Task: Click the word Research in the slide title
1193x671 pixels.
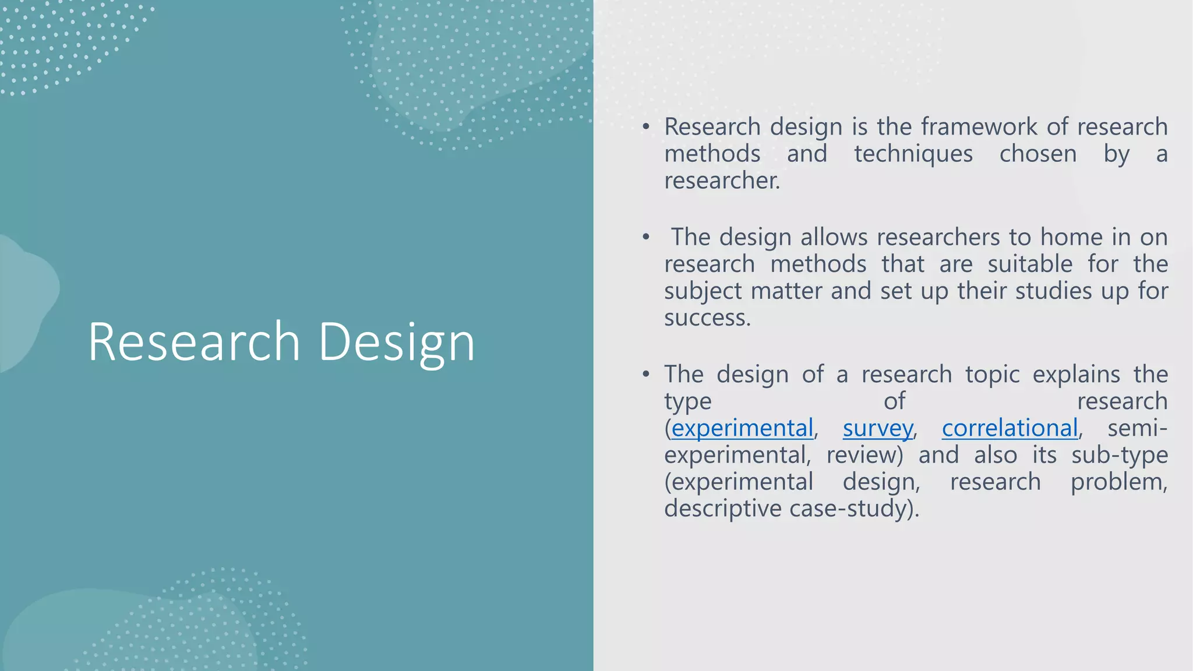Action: pyautogui.click(x=193, y=342)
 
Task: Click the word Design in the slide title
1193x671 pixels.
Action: pyautogui.click(x=397, y=342)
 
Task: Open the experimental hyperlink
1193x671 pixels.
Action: pyautogui.click(x=742, y=429)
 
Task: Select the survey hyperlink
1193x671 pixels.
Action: pyautogui.click(x=877, y=429)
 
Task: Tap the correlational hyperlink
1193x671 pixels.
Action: pyautogui.click(x=1010, y=429)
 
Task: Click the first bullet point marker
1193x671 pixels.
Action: pyautogui.click(x=645, y=127)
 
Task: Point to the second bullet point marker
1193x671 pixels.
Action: pyautogui.click(x=645, y=237)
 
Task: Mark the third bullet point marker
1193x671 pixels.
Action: pyautogui.click(x=645, y=374)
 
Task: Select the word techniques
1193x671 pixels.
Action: pyautogui.click(x=913, y=154)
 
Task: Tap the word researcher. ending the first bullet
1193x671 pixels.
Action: pyautogui.click(x=722, y=181)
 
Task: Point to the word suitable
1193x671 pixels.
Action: pyautogui.click(x=1030, y=264)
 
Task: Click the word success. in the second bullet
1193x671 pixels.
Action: pyautogui.click(x=707, y=318)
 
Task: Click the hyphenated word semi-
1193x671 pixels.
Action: pyautogui.click(x=1137, y=429)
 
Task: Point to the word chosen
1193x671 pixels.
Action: pyautogui.click(x=1038, y=154)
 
